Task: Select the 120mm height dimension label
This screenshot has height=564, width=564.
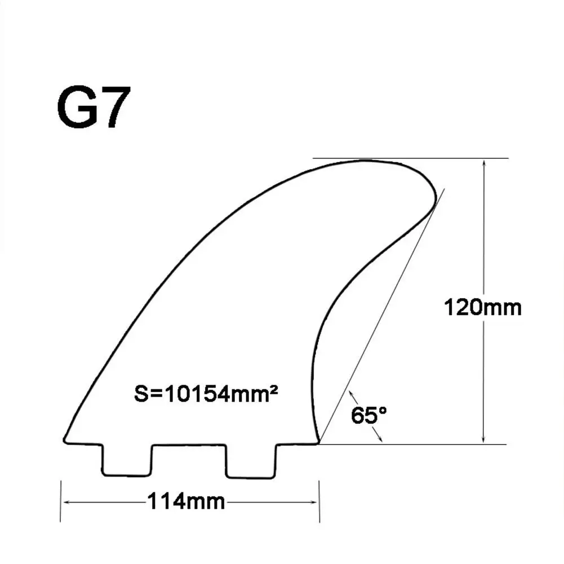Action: (x=483, y=308)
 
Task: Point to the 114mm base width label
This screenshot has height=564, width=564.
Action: (x=186, y=501)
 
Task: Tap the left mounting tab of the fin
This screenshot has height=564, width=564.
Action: (x=127, y=459)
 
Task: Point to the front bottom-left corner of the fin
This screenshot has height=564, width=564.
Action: (x=65, y=441)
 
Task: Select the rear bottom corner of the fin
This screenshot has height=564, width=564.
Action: (x=319, y=442)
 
